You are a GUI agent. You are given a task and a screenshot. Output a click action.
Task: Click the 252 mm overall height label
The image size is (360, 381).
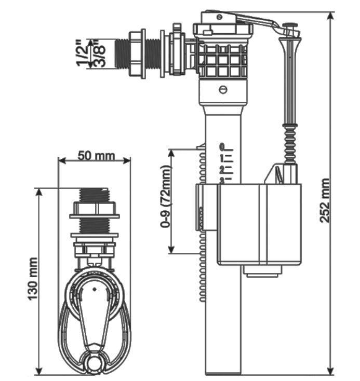[324, 200]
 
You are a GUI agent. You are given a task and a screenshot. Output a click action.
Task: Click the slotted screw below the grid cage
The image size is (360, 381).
[223, 89]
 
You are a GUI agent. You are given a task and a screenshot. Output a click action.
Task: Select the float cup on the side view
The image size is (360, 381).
[258, 223]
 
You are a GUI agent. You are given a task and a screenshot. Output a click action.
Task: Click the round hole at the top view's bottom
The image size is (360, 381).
[94, 363]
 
